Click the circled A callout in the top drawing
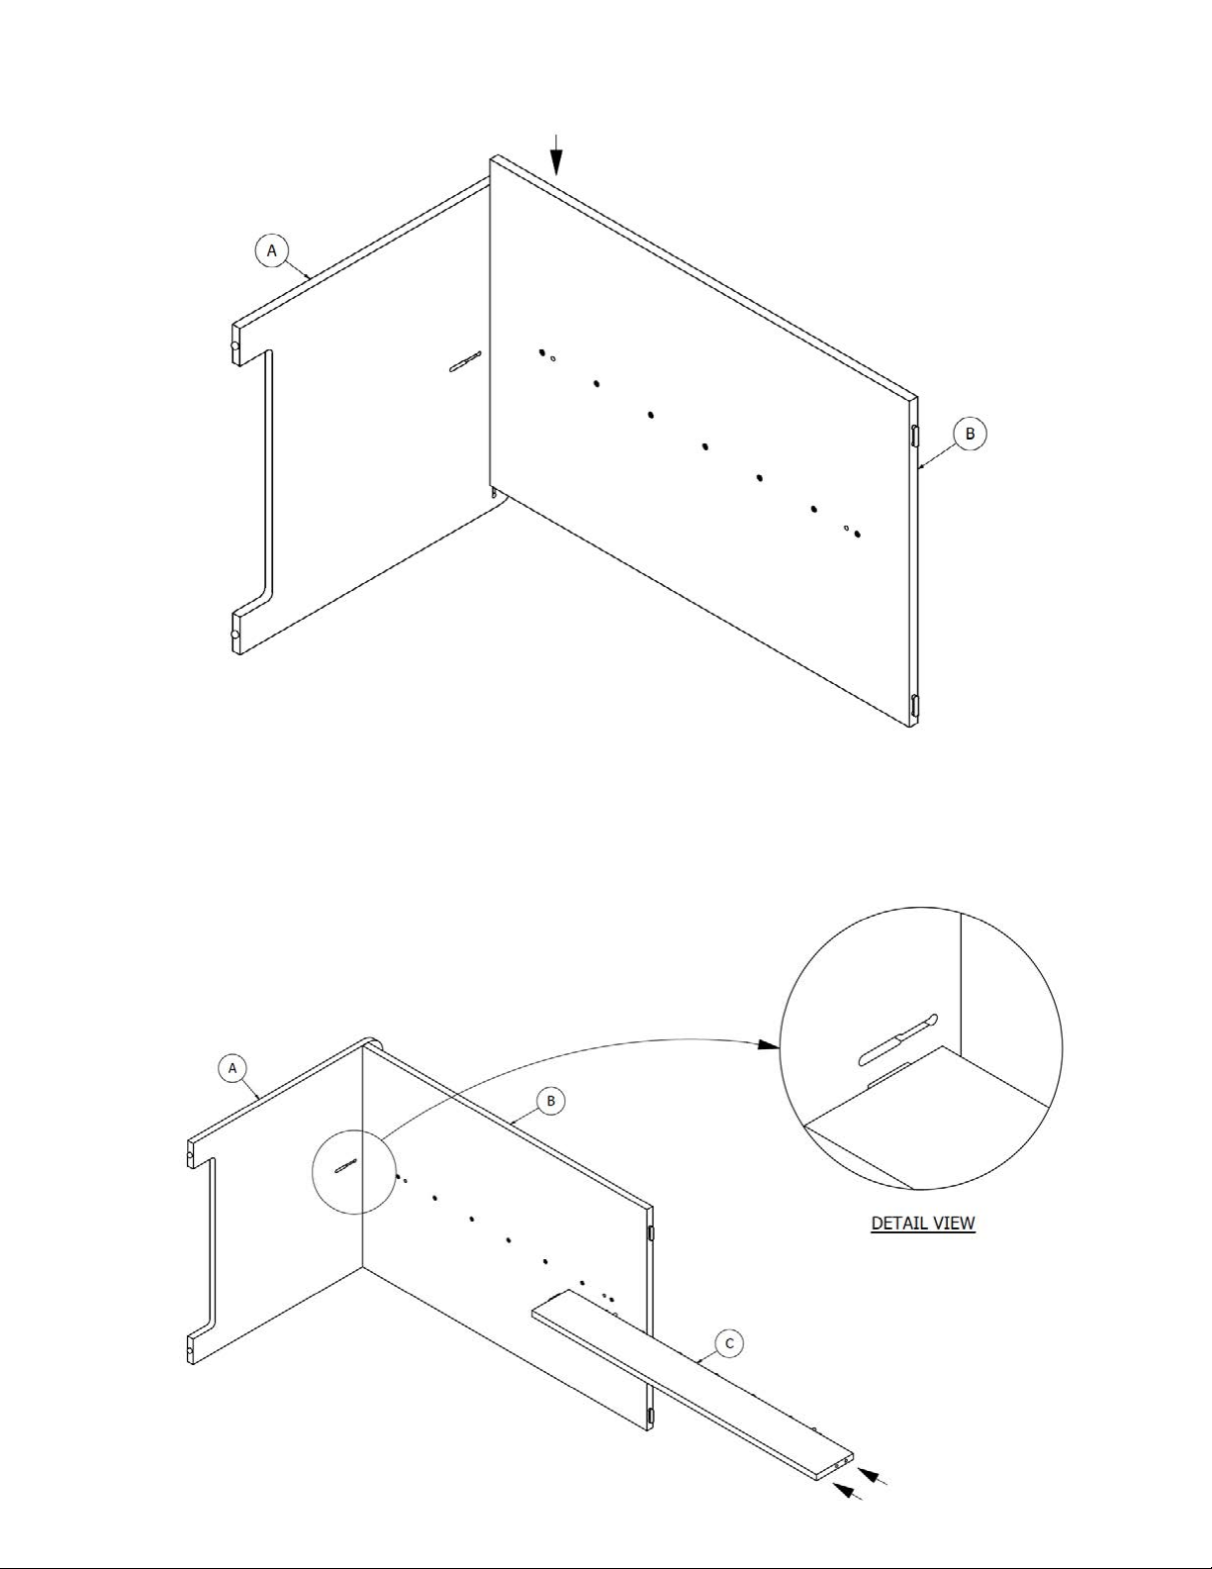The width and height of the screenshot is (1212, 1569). [272, 250]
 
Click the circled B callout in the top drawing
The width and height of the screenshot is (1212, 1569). [970, 434]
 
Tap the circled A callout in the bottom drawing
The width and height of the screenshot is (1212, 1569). [233, 1068]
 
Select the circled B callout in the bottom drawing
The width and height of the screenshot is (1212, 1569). [550, 1101]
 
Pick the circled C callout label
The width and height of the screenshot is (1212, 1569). [729, 1343]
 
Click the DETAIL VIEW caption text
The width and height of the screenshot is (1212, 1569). [923, 1224]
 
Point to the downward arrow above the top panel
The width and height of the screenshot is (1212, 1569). [555, 154]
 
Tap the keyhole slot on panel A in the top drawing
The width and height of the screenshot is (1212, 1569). [465, 361]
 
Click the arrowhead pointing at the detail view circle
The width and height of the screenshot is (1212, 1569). [769, 1044]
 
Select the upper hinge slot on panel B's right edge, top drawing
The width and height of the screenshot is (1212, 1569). [915, 437]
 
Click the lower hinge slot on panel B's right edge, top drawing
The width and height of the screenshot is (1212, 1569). [915, 705]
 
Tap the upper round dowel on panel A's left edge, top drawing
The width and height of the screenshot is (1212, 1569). [234, 346]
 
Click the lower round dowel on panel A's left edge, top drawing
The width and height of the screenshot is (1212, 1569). [234, 635]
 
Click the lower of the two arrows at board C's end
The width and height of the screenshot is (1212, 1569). [847, 1490]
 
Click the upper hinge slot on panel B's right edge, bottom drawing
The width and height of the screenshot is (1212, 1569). [651, 1233]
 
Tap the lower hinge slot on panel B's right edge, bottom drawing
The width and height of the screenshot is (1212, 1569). [651, 1416]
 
